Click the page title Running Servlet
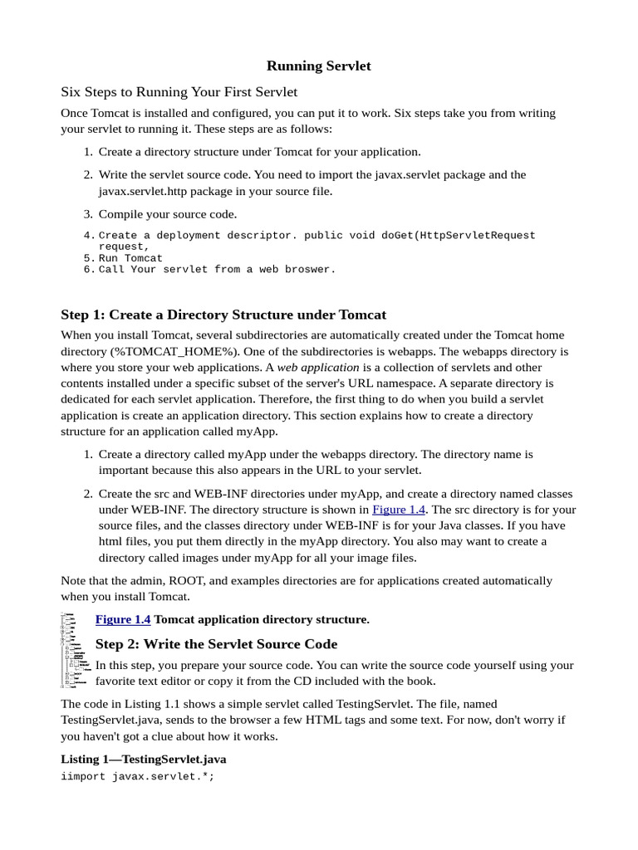tap(318, 66)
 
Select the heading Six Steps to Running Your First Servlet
tap(179, 91)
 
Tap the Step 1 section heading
tap(223, 315)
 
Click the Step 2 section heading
tap(216, 644)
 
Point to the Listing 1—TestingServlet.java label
tap(143, 759)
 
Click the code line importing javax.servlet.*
tap(137, 778)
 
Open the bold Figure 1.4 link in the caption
tap(123, 619)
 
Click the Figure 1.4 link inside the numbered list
tap(398, 510)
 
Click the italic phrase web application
tap(318, 367)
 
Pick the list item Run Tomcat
tap(130, 258)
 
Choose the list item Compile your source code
tap(168, 214)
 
